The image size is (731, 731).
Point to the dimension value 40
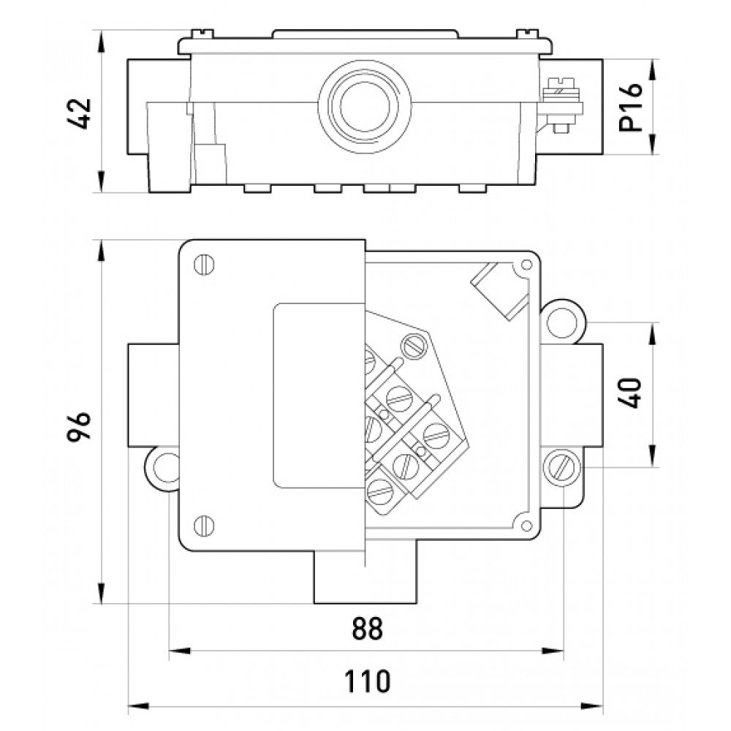(629, 394)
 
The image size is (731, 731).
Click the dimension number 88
(366, 629)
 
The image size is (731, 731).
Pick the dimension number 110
(368, 681)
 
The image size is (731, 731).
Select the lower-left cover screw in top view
(205, 523)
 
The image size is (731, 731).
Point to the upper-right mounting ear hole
(564, 318)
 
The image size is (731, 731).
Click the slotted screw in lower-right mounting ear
(564, 466)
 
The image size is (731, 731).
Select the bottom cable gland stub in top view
(365, 577)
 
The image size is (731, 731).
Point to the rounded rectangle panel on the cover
(316, 395)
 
